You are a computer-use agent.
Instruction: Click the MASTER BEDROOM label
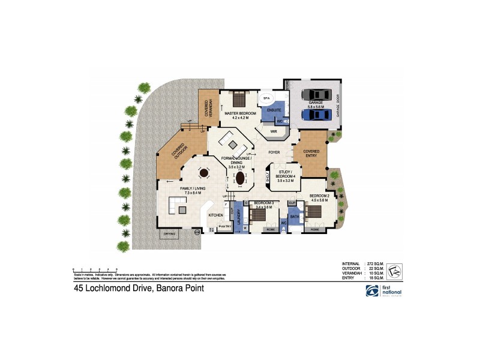240,113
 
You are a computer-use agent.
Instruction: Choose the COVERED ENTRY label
311,154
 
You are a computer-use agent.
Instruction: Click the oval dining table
241,178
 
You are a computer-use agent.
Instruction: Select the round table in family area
203,173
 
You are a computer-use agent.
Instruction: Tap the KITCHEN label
215,215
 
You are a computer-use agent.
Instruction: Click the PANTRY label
225,226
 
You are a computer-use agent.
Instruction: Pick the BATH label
295,216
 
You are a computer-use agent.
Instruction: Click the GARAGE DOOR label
338,105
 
